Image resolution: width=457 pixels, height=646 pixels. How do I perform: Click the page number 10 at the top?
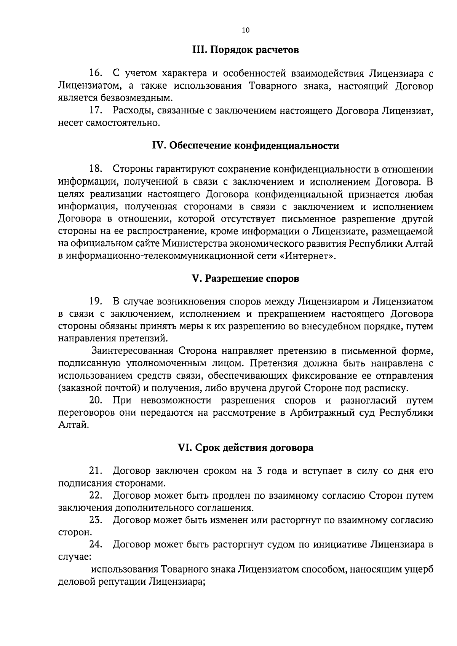pos(245,31)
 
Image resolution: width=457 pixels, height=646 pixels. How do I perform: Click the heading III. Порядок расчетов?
pos(245,50)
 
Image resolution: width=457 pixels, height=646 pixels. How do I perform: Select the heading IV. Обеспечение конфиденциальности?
pos(245,146)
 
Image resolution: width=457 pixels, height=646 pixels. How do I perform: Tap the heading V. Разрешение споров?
pos(245,279)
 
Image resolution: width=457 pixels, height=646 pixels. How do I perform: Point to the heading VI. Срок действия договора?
pos(246,448)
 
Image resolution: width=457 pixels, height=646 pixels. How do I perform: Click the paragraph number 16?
pos(96,73)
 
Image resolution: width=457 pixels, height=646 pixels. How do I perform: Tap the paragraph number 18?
pos(96,169)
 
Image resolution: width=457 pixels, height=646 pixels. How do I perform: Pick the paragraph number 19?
pos(96,301)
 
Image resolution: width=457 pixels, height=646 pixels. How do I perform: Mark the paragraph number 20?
pos(96,400)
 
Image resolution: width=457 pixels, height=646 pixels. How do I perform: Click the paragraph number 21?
pos(96,471)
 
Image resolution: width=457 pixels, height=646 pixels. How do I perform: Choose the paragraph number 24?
pos(96,545)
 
